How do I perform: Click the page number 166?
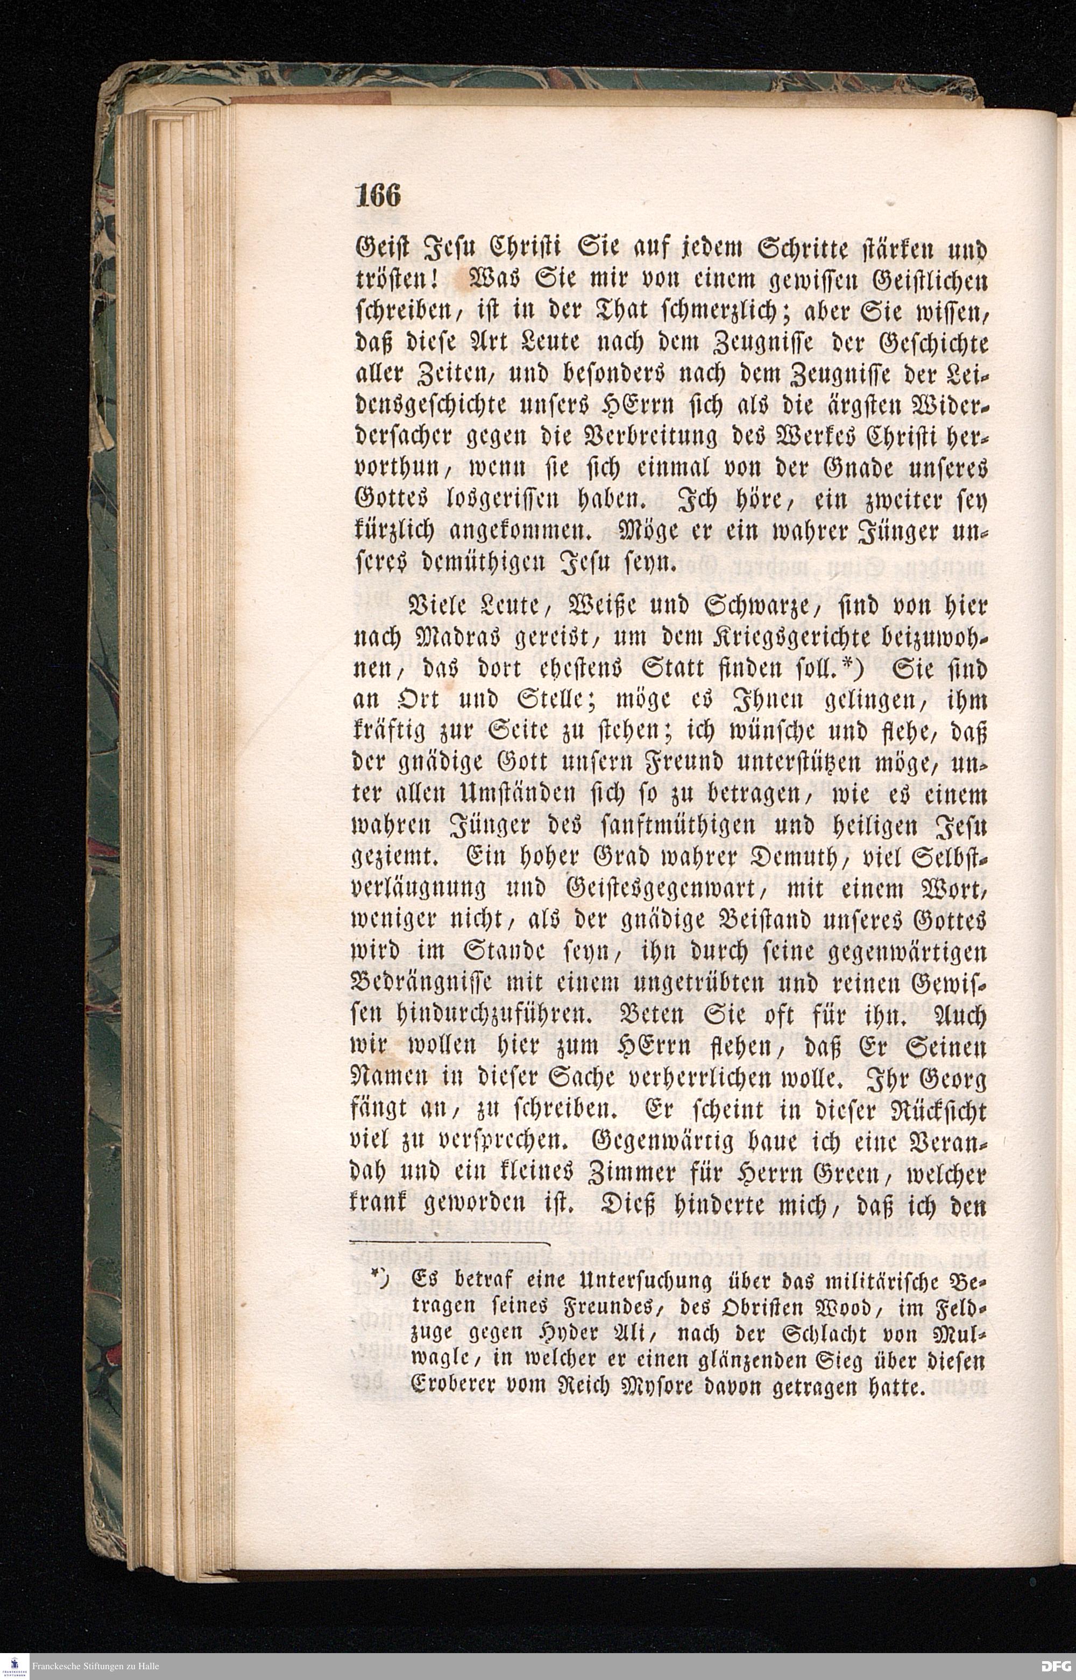pyautogui.click(x=378, y=196)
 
